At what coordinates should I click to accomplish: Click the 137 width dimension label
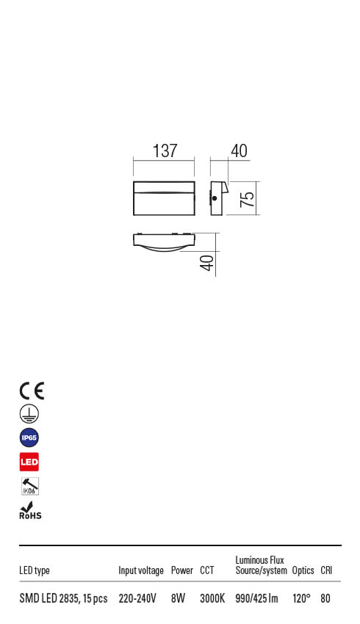[x=165, y=151]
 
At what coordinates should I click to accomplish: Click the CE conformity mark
[x=32, y=391]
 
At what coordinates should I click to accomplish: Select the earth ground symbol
[x=29, y=414]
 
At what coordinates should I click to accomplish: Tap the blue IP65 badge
[x=29, y=438]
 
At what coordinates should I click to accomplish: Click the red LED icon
[x=29, y=462]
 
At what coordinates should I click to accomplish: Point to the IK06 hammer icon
[x=29, y=486]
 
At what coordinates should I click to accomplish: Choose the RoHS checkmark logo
[x=30, y=511]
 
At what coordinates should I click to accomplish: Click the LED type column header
[x=35, y=570]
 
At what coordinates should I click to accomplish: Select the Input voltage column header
[x=141, y=570]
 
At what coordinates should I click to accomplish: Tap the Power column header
[x=181, y=570]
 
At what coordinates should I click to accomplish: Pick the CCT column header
[x=206, y=570]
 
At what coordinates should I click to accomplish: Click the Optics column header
[x=303, y=570]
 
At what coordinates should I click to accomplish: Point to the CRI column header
[x=327, y=570]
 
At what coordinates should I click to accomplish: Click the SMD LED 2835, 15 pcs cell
[x=63, y=599]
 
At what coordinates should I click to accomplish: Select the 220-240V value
[x=137, y=599]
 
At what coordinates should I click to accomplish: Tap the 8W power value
[x=178, y=599]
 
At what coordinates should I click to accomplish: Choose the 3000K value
[x=212, y=599]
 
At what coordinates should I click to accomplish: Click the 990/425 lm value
[x=256, y=599]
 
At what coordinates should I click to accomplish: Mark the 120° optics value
[x=302, y=599]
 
